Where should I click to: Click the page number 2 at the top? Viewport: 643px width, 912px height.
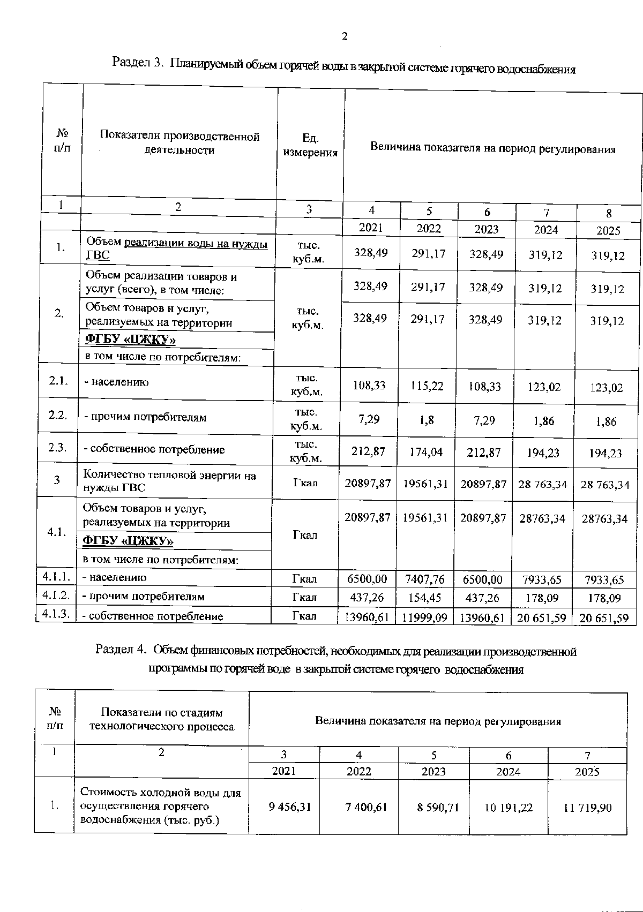pyautogui.click(x=345, y=36)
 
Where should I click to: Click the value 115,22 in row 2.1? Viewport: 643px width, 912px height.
pyautogui.click(x=427, y=386)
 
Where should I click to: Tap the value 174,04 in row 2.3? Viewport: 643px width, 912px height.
pyautogui.click(x=427, y=452)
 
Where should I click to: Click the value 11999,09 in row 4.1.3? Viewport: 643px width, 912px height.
pyautogui.click(x=425, y=617)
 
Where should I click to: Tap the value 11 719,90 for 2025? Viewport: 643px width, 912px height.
pyautogui.click(x=587, y=808)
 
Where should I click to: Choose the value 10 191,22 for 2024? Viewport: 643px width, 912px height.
pyautogui.click(x=509, y=808)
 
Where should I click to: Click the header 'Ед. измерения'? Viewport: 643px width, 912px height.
pyautogui.click(x=310, y=145)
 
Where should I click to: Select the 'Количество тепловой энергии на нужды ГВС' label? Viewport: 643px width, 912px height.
pyautogui.click(x=169, y=481)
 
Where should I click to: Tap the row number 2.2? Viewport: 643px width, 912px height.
pyautogui.click(x=58, y=415)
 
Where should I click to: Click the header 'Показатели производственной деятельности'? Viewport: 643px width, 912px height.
pyautogui.click(x=180, y=143)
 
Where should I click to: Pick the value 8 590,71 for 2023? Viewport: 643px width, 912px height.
pyautogui.click(x=438, y=807)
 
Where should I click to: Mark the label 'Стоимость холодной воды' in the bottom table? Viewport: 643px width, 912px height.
pyautogui.click(x=160, y=806)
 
